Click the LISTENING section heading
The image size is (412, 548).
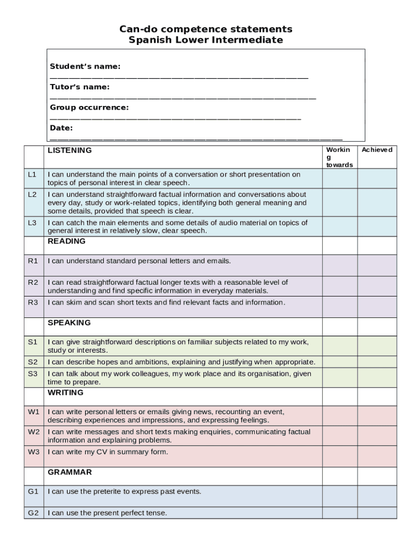coord(70,150)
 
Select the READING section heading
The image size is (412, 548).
coord(66,241)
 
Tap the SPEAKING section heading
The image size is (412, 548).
coord(69,323)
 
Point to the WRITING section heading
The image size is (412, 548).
coord(65,392)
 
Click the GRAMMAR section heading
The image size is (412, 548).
coord(70,472)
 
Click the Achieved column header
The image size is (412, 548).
coord(377,150)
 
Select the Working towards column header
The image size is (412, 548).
coord(339,157)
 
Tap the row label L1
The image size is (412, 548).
coord(33,174)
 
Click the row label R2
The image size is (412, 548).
coord(33,282)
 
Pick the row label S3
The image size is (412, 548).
coord(33,374)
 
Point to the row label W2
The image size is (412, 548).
coord(34,431)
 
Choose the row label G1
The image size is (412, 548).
coord(33,491)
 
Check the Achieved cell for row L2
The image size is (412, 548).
coord(377,202)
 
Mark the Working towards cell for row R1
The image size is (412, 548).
coord(339,265)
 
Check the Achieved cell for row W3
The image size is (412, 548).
coord(377,456)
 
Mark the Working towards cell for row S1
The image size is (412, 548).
coord(339,345)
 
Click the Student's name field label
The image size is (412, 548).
coord(85,66)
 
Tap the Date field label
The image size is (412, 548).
coord(62,128)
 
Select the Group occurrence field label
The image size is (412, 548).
coord(89,108)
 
